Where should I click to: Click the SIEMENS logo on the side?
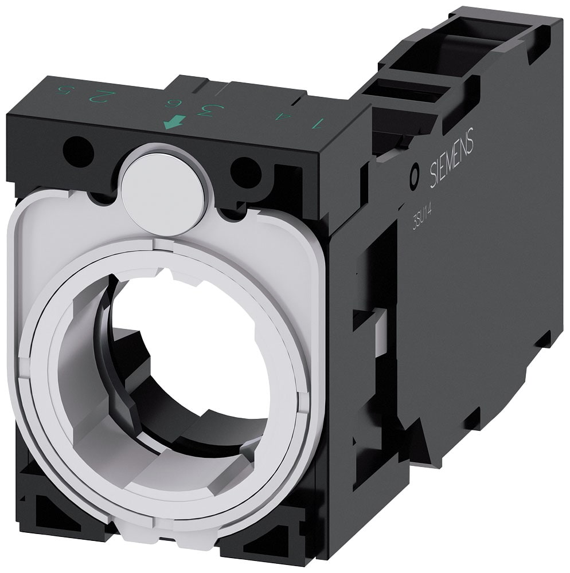coord(452,158)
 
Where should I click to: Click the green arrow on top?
coord(175,121)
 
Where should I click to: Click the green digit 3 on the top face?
coord(205,109)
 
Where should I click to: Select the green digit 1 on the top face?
coord(317,122)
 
